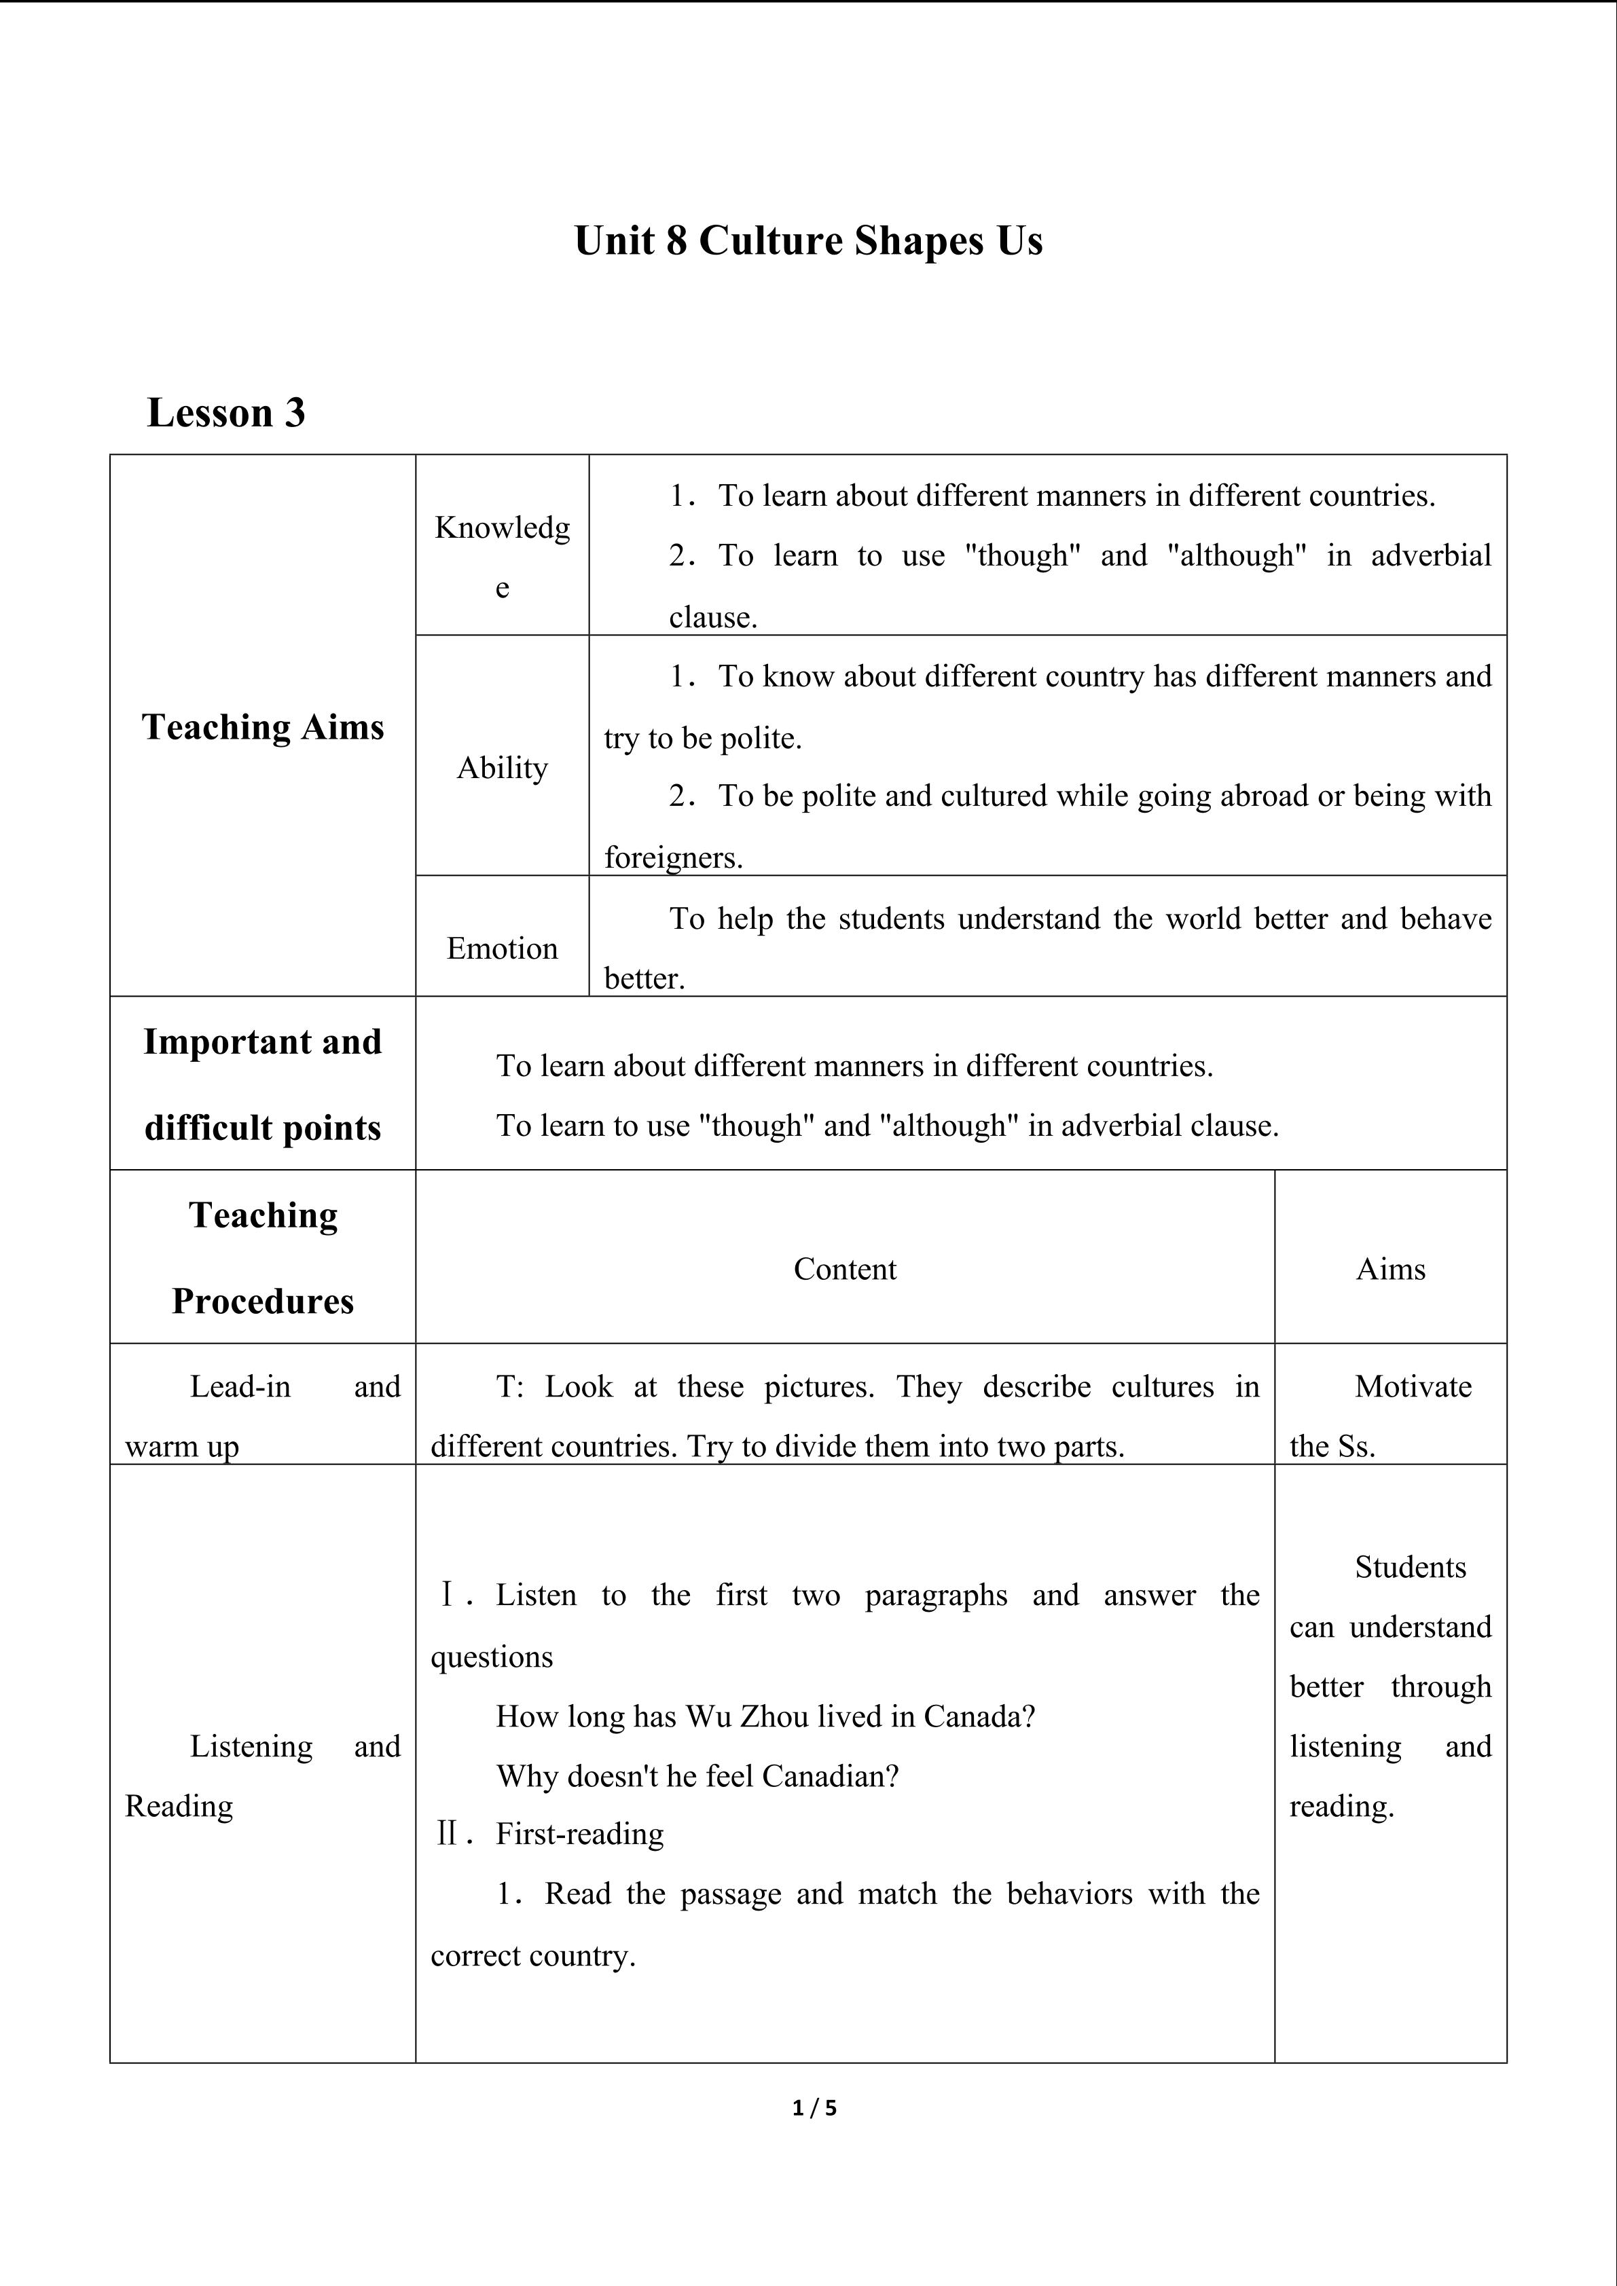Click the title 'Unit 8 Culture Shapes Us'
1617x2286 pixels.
pos(807,241)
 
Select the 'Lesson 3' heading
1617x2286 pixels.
pos(226,412)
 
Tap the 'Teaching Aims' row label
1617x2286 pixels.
pos(263,727)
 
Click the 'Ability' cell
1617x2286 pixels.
pos(502,768)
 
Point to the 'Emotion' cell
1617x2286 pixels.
pos(502,948)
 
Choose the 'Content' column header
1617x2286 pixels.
pos(844,1270)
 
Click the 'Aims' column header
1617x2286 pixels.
pos(1390,1270)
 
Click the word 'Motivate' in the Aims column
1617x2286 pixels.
pos(1413,1387)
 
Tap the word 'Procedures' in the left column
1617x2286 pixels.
pos(263,1302)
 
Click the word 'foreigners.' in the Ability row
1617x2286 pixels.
pos(673,858)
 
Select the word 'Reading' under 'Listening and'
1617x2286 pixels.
pos(179,1806)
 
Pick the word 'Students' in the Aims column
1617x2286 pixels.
pos(1410,1567)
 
